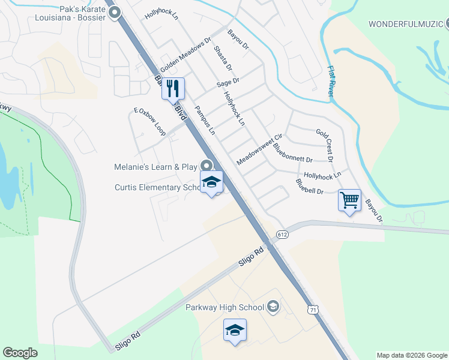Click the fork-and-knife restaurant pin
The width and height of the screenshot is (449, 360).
[173, 89]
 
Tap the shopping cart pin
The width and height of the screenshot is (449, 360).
[349, 200]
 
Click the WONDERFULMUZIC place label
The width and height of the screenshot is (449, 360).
[405, 25]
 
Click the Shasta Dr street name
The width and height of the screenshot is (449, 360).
[223, 56]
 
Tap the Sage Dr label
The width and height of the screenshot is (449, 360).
[228, 81]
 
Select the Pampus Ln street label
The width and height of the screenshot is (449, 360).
[205, 120]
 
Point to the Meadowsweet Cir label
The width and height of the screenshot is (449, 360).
[259, 150]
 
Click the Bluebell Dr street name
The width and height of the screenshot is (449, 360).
[310, 187]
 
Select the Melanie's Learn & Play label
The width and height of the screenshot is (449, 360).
[156, 167]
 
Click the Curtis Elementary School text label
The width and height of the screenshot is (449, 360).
[157, 188]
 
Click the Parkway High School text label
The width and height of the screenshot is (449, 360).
[225, 308]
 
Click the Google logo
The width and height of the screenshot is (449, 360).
[20, 353]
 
